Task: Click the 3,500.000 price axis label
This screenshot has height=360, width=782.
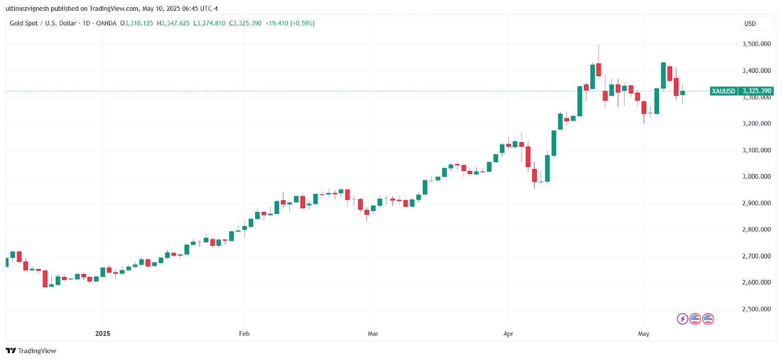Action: tap(756, 44)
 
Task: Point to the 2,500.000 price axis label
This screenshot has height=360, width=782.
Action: tap(756, 309)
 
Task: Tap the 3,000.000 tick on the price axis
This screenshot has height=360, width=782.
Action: tap(756, 177)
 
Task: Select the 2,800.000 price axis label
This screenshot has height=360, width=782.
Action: tap(756, 230)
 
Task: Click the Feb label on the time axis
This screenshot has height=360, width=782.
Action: tap(244, 334)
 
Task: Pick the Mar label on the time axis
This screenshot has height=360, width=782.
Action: tap(373, 334)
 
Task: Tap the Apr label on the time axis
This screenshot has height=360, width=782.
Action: tap(508, 334)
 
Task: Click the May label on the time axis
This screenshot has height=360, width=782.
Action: tap(644, 334)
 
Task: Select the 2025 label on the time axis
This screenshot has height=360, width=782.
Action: tap(103, 334)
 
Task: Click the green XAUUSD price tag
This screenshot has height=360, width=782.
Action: tap(723, 91)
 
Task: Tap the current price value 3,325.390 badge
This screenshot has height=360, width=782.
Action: tap(757, 91)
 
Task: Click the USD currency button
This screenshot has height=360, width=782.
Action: tap(750, 23)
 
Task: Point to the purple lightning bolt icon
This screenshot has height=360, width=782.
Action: tap(682, 319)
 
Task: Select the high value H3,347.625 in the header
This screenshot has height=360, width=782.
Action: tap(174, 23)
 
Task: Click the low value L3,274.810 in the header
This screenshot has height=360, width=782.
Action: tap(210, 23)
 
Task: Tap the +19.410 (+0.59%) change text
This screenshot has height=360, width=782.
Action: tap(290, 23)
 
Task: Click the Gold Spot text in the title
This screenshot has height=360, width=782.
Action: tap(23, 23)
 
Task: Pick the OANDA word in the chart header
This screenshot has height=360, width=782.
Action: tap(106, 23)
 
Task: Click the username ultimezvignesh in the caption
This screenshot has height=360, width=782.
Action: tap(27, 9)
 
